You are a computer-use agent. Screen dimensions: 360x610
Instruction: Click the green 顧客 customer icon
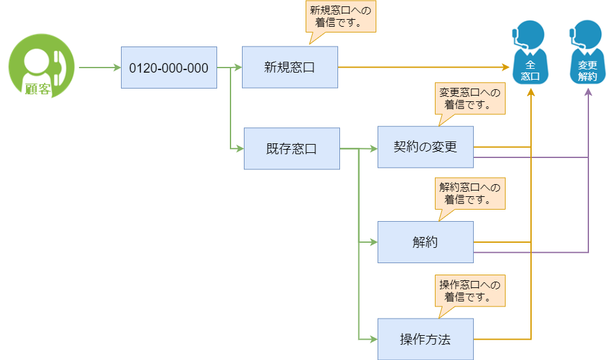41,67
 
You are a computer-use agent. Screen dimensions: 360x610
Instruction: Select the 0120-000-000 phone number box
169,68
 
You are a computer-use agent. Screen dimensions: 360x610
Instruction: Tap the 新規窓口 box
290,67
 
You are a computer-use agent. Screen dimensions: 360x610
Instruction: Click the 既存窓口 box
292,148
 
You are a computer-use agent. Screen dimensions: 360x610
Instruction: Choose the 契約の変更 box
425,147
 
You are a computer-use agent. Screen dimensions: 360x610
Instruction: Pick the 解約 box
425,242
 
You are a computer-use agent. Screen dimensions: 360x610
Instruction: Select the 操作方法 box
425,339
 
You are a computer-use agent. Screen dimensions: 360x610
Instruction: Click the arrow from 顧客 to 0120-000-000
99,67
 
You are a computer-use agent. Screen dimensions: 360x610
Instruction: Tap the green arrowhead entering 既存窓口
240,149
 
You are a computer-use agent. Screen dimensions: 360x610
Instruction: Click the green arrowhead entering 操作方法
374,339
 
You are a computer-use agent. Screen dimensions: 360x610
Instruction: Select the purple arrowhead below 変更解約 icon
588,92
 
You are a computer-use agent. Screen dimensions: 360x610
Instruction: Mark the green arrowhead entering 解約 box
374,242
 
